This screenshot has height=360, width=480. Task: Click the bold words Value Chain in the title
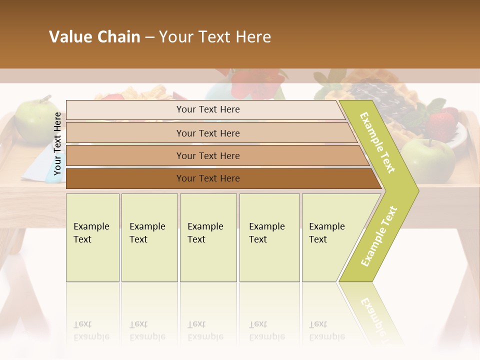pyautogui.click(x=94, y=37)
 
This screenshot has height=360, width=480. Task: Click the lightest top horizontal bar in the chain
pyautogui.click(x=207, y=109)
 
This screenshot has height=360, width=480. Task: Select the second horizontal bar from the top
pyautogui.click(x=207, y=133)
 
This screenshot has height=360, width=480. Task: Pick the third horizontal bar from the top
pyautogui.click(x=207, y=155)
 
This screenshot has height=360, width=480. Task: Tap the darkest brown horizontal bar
pyautogui.click(x=207, y=178)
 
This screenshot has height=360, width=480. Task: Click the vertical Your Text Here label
pyautogui.click(x=57, y=144)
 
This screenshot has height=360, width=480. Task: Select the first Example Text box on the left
pyautogui.click(x=92, y=237)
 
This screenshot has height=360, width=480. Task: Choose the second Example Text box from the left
pyautogui.click(x=149, y=237)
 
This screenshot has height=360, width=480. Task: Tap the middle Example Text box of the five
pyautogui.click(x=208, y=237)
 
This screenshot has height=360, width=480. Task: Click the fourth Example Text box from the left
pyautogui.click(x=269, y=237)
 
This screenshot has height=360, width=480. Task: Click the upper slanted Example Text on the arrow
pyautogui.click(x=377, y=142)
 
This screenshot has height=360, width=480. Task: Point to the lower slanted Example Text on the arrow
pyautogui.click(x=379, y=236)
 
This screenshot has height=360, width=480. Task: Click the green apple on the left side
pyautogui.click(x=35, y=120)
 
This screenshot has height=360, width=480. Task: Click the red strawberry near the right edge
pyautogui.click(x=443, y=125)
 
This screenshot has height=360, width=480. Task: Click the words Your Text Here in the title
pyautogui.click(x=215, y=37)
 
